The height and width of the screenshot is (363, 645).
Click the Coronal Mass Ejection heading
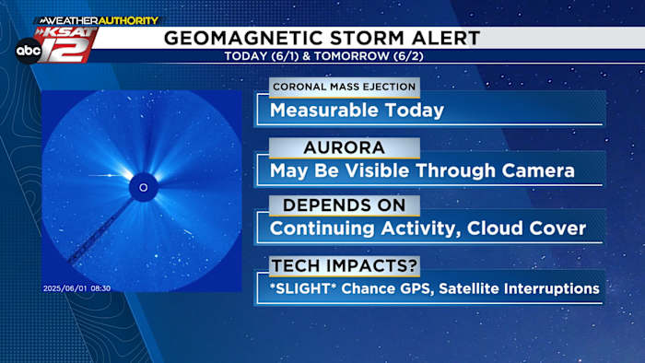343,88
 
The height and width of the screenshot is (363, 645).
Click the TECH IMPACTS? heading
343,265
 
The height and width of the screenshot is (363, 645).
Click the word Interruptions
552,288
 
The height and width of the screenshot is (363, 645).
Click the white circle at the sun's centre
143,188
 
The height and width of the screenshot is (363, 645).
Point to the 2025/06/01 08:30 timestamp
77,288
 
